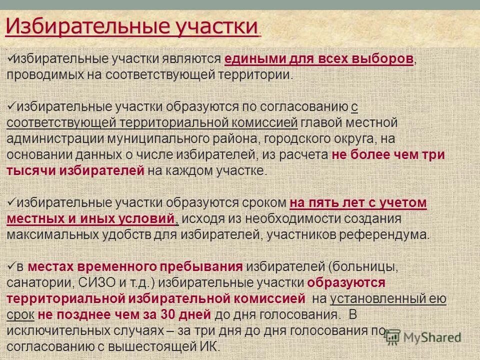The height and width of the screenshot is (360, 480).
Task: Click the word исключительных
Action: [x=58, y=330]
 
